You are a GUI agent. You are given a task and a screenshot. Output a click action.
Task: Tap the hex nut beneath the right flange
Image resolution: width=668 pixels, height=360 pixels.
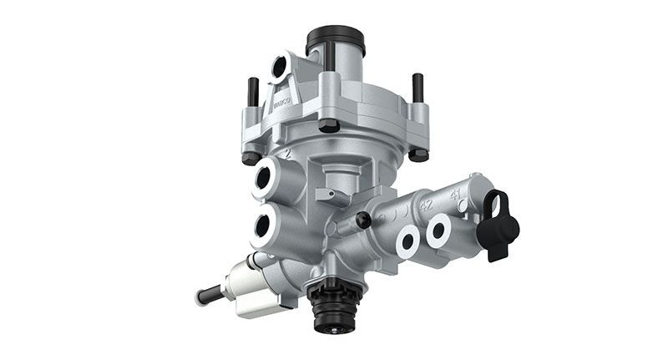(x=417, y=155)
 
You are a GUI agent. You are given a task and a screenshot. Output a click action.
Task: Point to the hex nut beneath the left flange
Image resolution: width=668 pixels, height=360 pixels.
(x=249, y=158)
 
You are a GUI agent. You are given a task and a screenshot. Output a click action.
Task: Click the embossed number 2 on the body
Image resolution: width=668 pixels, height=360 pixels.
(x=286, y=155)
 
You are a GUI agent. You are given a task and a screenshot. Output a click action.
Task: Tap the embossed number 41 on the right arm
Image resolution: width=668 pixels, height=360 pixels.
(x=457, y=193)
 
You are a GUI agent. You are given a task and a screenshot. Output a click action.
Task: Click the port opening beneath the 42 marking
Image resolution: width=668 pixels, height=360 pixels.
(x=409, y=242)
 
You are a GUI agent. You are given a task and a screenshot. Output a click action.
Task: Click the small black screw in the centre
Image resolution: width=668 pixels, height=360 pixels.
(x=363, y=220)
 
